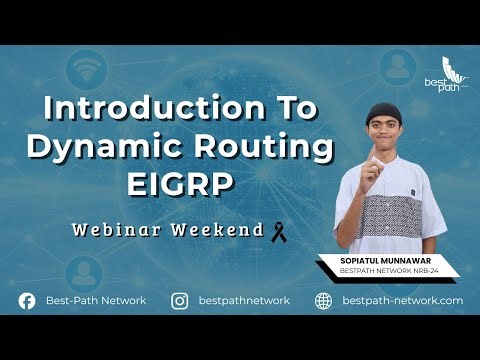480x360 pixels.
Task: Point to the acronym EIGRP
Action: pyautogui.click(x=180, y=184)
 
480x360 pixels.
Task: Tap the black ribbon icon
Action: pyautogui.click(x=279, y=231)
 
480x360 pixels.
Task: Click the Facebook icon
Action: pyautogui.click(x=27, y=300)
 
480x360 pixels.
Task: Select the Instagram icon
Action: pyautogui.click(x=181, y=300)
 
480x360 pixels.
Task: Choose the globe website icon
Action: pyautogui.click(x=323, y=300)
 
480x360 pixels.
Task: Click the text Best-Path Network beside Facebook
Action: pyautogui.click(x=95, y=300)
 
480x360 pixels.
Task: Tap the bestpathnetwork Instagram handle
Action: pyautogui.click(x=244, y=300)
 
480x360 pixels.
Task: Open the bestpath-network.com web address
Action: pyautogui.click(x=402, y=300)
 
